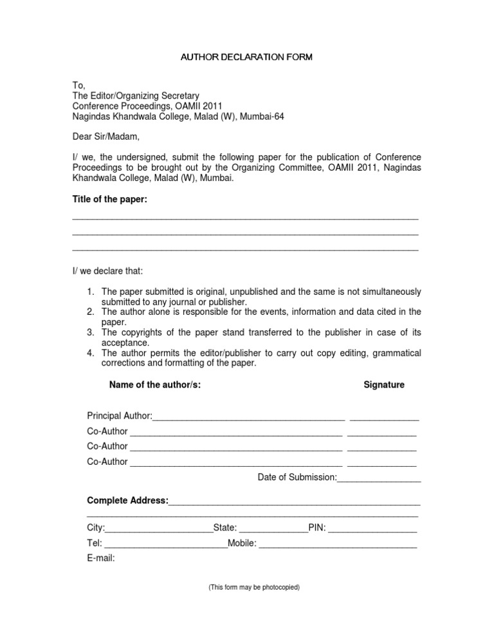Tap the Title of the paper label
(110, 200)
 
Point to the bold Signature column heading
(384, 385)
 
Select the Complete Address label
(127, 500)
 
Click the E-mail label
(101, 558)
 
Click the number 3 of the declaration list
(91, 333)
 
